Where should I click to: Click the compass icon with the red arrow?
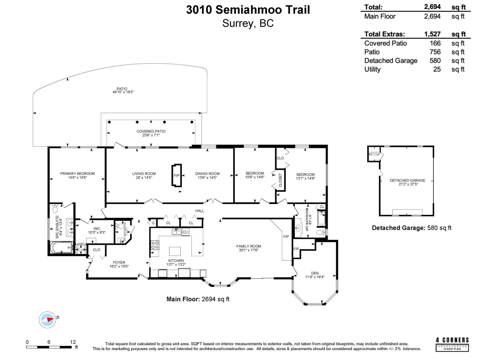pos(47,320)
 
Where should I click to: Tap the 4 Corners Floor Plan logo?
pos(452,344)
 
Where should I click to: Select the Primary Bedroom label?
pos(77,173)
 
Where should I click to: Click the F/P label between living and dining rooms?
pos(176,175)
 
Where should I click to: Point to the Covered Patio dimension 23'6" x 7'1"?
pos(151,135)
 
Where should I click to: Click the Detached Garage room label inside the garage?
pos(407,180)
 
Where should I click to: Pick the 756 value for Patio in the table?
pos(435,52)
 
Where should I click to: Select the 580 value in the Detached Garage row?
pos(435,61)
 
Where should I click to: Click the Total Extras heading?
pos(384,34)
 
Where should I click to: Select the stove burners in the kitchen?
pos(155,245)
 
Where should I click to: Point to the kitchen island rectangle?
pos(175,251)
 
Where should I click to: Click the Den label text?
pos(315,273)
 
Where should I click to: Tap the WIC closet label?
pos(97,229)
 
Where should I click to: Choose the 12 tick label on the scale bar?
pos(73,342)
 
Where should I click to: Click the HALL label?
pos(199,211)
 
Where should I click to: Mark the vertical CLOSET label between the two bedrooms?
pos(280,180)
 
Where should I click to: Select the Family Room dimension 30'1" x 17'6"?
pos(248,250)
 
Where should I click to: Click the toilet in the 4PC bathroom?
pos(320,232)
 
